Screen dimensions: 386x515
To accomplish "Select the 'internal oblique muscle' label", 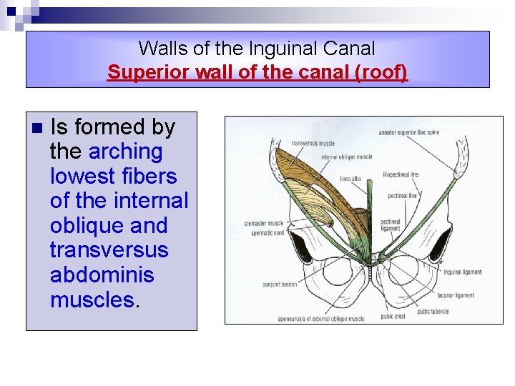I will point(347,157).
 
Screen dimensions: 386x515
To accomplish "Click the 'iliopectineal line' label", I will point(401,174).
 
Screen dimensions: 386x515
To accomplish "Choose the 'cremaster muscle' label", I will point(264,224).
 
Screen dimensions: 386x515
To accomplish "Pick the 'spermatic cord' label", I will point(264,232).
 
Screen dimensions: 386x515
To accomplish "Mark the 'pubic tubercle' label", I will point(433,311).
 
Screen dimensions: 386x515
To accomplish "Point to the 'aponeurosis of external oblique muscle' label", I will point(321,318).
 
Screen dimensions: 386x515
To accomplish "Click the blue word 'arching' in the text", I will point(125,152).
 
